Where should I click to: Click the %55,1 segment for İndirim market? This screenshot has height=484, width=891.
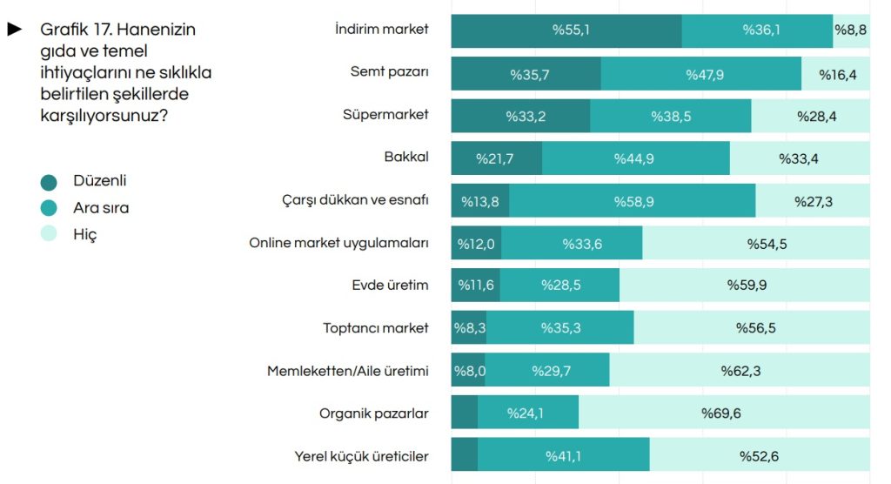coord(566,30)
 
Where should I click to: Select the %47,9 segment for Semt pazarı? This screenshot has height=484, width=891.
coord(700,74)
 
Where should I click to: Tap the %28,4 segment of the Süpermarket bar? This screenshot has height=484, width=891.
coord(810,116)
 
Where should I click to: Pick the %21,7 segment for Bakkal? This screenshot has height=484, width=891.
coord(496,158)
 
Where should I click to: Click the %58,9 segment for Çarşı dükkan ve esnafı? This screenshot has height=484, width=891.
coord(632,201)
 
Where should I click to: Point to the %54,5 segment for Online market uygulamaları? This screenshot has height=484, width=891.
coord(755,244)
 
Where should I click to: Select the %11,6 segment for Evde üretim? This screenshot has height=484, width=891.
coord(475,286)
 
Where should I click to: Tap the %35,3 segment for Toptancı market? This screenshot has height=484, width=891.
coord(559,328)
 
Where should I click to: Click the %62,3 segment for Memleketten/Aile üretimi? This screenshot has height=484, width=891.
coord(739,371)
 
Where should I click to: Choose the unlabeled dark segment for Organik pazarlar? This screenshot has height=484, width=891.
coord(464,413)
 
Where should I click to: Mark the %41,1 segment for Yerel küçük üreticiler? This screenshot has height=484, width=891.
coord(563,455)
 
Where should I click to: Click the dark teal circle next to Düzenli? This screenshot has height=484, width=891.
coord(49,182)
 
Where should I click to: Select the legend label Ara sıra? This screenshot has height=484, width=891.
coord(101,208)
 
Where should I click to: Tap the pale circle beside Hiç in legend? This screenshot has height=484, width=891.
coord(49,233)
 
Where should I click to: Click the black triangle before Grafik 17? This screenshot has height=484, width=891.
coord(14,30)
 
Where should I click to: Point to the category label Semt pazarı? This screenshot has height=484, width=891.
coord(389,72)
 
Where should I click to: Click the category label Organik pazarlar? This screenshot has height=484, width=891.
coord(373,413)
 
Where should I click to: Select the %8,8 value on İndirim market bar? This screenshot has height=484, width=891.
coord(851,30)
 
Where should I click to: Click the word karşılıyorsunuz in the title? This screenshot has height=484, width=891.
coord(99,114)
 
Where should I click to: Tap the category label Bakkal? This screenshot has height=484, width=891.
coord(405,158)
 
